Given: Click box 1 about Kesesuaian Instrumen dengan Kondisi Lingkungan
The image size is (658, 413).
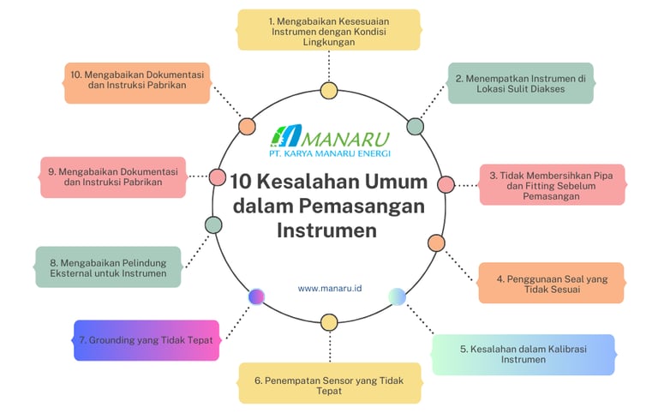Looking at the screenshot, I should tap(329, 30).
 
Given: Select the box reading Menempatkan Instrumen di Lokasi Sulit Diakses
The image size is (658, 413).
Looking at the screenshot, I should tap(520, 83).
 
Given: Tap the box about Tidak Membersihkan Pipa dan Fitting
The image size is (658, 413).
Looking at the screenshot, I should tap(552, 184).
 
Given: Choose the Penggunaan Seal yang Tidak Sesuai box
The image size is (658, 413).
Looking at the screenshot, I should tap(551, 283).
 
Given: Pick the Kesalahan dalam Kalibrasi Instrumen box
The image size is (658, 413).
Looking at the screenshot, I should tap(523, 355).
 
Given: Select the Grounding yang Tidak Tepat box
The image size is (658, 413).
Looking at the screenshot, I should tap(147, 339).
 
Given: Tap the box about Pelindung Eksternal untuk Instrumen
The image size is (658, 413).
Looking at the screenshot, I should tap(108, 266).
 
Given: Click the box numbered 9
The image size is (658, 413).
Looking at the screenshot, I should tap(112, 177).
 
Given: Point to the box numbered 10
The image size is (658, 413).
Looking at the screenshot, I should tap(137, 82).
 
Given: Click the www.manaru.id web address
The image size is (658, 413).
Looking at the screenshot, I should tap(330, 289).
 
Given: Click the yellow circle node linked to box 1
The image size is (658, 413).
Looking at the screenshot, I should tap(329, 90).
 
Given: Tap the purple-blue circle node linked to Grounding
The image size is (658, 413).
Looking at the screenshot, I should tap(255, 296).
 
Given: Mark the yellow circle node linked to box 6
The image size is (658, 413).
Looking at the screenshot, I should tap(329, 322).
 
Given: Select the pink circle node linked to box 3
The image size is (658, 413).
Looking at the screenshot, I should tap(446, 184).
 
